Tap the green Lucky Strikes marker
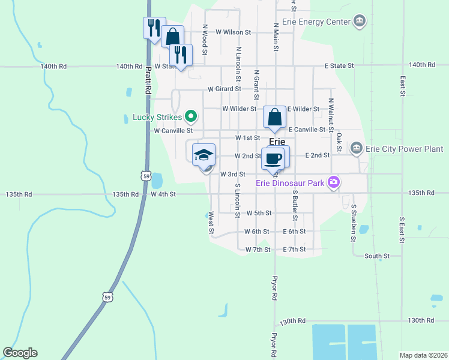click(191, 116)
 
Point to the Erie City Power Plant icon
click(356, 148)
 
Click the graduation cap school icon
click(204, 155)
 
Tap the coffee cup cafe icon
click(273, 158)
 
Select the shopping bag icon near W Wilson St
click(172, 36)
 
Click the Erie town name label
click(277, 142)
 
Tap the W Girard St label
click(224, 89)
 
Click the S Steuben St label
click(354, 223)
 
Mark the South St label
click(377, 256)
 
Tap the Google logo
click(20, 353)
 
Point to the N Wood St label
click(205, 40)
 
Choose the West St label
click(211, 222)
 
